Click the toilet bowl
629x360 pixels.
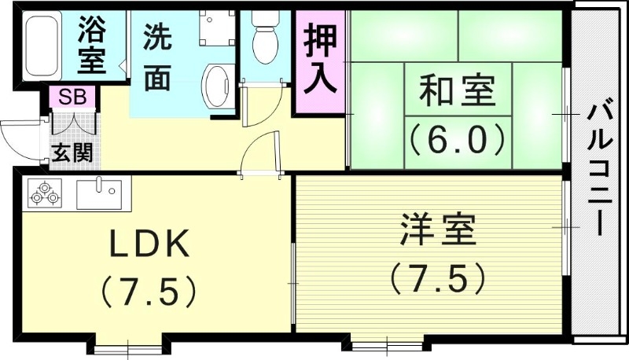[x=265, y=35]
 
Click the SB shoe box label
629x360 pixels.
[x=73, y=98]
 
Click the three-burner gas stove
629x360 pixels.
[x=44, y=193]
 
